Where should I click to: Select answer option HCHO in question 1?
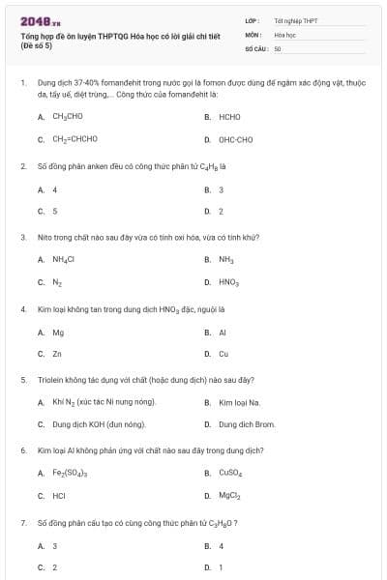pos(229,117)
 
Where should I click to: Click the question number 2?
pos(23,165)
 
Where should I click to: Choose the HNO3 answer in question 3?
pos(229,282)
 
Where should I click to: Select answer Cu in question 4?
pos(223,354)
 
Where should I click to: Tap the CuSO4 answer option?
pos(230,474)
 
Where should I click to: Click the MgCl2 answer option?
pos(229,496)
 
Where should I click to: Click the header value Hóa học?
pos(284,33)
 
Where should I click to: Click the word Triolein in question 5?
pos(49,380)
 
